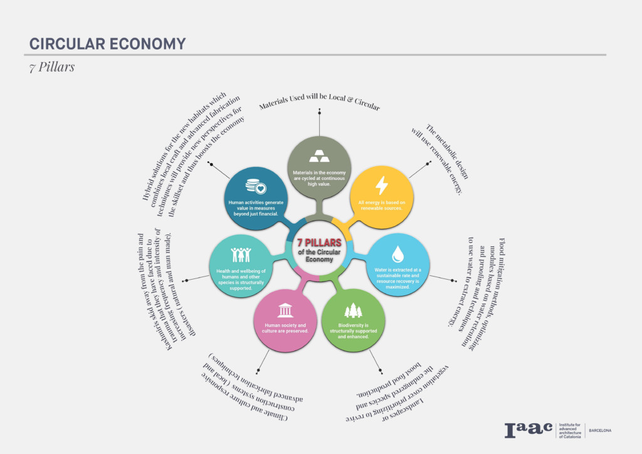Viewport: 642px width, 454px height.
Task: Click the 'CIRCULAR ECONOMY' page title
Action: pos(107,44)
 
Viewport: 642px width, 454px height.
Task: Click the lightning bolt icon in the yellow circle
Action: pos(381,185)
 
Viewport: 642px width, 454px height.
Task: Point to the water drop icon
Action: pos(397,253)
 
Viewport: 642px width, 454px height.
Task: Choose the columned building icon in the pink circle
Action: pos(285,310)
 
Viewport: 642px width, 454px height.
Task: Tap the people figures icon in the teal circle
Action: pos(241,254)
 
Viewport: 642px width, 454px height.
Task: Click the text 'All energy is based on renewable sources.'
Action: pos(382,205)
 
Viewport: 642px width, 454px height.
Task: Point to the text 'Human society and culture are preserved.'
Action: pos(285,328)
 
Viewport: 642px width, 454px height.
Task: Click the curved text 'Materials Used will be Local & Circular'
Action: pos(320,104)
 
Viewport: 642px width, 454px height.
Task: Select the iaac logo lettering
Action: pos(528,430)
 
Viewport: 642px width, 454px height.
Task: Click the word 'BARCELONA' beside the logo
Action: pos(600,430)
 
